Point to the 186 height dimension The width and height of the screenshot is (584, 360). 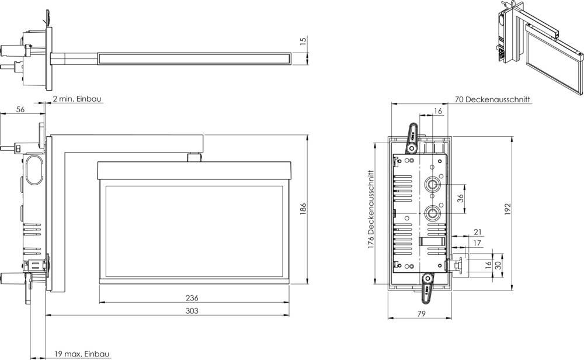303,209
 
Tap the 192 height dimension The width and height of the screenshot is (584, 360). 507,209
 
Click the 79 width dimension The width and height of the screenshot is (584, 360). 420,314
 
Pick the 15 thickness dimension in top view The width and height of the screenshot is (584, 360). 303,41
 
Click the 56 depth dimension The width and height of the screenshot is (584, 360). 21,109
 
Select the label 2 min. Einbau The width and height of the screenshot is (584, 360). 77,99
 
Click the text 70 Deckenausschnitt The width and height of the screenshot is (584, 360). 492,100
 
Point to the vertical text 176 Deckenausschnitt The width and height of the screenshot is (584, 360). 371,210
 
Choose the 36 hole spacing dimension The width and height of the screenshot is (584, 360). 460,199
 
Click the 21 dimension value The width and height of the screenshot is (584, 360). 477,233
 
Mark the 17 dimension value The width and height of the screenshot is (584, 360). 477,243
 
